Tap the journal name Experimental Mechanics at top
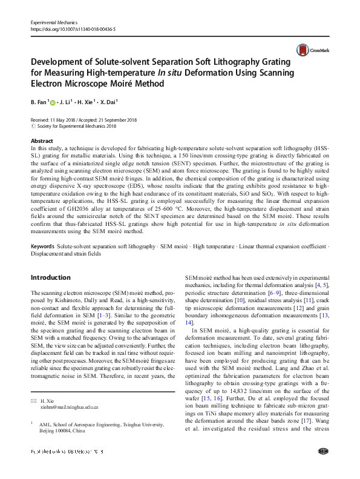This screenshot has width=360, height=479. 56,22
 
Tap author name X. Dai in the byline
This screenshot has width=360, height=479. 109,102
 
